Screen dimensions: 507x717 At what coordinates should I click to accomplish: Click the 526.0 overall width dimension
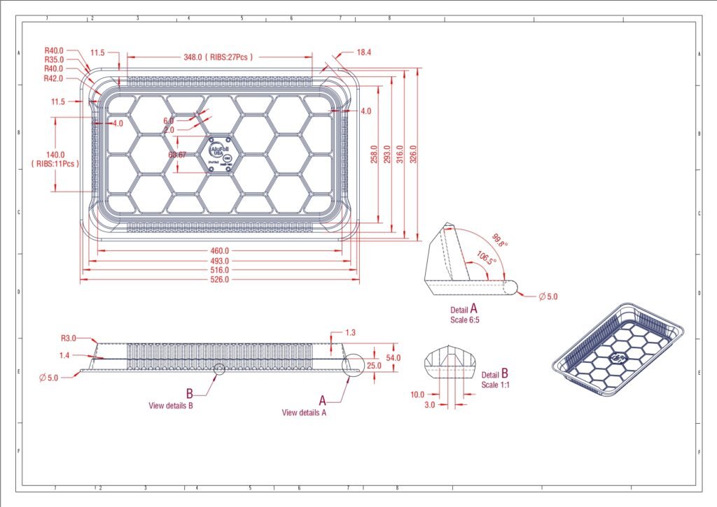[220, 280]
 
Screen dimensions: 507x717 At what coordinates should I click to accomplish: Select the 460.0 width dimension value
[220, 251]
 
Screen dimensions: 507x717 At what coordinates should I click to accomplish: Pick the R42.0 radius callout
[54, 79]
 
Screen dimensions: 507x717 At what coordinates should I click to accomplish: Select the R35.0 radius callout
[54, 60]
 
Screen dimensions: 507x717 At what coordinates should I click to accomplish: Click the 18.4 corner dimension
[364, 52]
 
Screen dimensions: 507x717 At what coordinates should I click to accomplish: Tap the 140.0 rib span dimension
[55, 155]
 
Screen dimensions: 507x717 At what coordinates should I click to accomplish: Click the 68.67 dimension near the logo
[177, 155]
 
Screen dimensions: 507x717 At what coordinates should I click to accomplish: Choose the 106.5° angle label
[486, 257]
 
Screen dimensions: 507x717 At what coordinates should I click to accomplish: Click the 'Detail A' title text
[464, 308]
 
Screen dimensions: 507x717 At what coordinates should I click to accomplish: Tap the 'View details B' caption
[170, 405]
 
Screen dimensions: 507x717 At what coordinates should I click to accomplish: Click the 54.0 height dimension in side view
[393, 358]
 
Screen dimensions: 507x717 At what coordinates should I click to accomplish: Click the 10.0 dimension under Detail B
[417, 394]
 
